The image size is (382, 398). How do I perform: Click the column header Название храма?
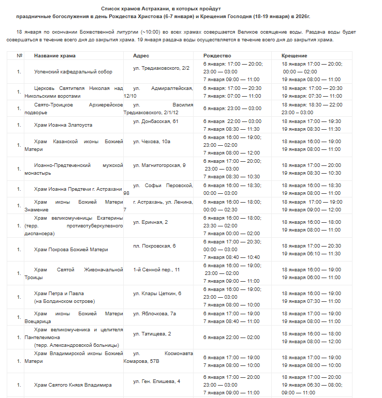coord(54,55)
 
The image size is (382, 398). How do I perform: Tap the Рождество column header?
coord(217,55)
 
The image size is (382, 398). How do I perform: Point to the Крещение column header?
coord(295,55)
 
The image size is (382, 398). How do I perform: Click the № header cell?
coord(20,55)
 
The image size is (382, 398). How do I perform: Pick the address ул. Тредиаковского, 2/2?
coord(161,68)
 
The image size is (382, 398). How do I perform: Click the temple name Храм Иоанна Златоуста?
coord(63,125)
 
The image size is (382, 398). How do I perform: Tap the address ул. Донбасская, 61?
coord(155,121)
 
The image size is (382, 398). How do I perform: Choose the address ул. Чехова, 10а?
coord(152,141)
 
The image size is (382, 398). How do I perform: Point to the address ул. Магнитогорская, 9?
coord(159,165)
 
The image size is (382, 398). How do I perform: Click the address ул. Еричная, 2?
coord(150,222)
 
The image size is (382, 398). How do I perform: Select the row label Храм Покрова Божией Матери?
coord(71,250)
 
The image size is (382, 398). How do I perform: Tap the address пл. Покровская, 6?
coord(154,246)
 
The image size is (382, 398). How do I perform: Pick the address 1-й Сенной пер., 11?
coord(156,269)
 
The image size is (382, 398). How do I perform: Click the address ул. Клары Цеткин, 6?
coord(157,293)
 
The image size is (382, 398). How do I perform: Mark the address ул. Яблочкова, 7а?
coord(155,313)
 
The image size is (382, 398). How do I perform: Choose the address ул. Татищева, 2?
coord(152,333)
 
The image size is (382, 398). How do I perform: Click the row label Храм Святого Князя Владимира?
coord(72,385)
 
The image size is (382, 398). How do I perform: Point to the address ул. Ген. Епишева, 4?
coord(157,381)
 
